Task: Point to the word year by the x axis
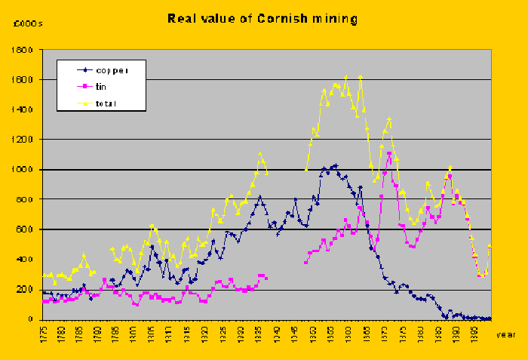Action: (506, 334)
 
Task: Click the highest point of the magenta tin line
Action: (389, 154)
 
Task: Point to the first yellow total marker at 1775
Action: (44, 275)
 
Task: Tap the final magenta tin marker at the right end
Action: (490, 246)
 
